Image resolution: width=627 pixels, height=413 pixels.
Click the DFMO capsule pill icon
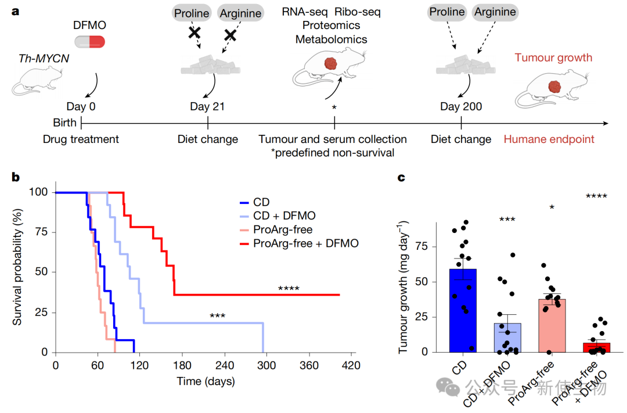coord(90,41)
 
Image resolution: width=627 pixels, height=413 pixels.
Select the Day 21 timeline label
coord(207,106)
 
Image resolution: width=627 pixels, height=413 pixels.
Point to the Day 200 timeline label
coord(460,106)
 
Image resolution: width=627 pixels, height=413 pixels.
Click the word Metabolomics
coord(331,39)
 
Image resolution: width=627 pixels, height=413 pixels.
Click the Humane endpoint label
coord(549,139)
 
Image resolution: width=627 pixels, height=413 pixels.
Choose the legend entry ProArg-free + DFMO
coord(306,243)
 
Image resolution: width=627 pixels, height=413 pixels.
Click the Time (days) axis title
coord(206,382)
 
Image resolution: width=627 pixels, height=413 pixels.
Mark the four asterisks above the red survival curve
coord(289,289)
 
